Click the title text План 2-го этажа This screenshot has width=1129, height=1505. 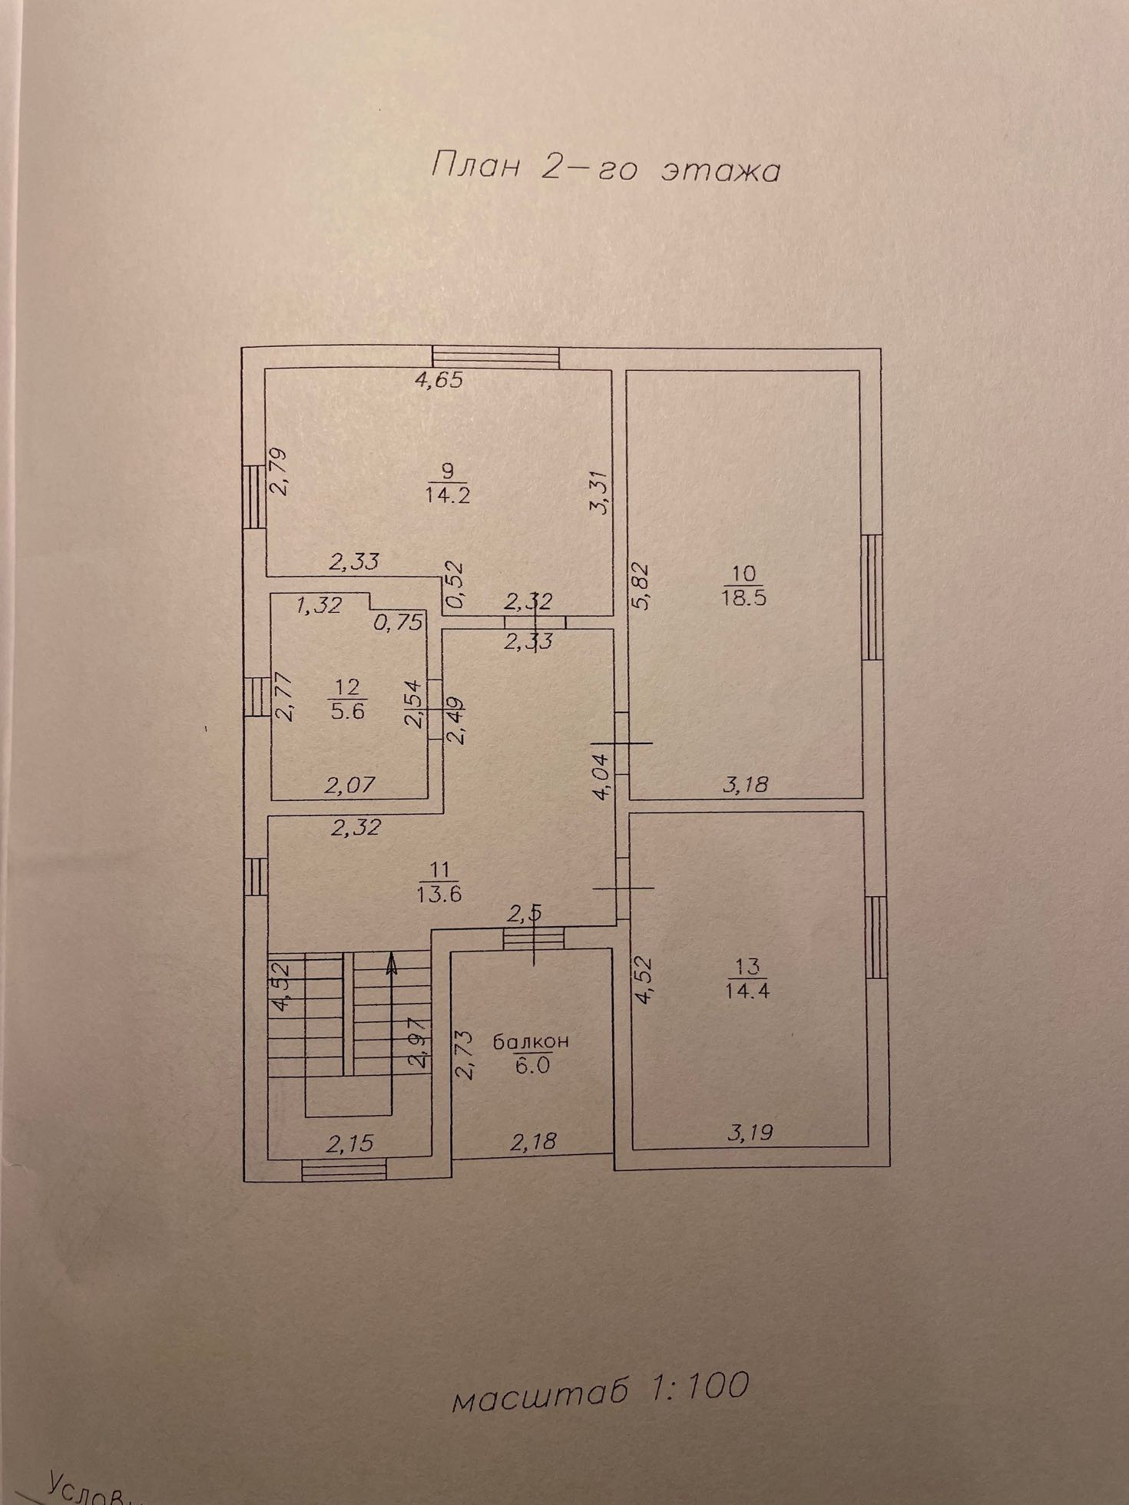tap(605, 167)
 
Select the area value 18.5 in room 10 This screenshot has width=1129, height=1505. tap(744, 599)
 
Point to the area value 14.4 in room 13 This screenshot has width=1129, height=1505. tap(747, 990)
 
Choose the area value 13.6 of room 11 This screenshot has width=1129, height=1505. tap(439, 894)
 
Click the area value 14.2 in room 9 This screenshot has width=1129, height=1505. tap(448, 494)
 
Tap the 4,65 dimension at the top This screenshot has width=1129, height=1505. tap(439, 379)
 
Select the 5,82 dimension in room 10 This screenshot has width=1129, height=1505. tap(641, 587)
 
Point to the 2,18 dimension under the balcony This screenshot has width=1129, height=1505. tap(533, 1142)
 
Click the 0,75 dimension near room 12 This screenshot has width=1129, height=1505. tap(399, 621)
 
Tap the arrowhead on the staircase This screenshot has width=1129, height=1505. tap(392, 964)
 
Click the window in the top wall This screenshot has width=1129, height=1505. tap(495, 357)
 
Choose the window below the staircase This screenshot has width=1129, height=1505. tap(343, 1170)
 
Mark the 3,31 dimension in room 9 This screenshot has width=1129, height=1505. tap(601, 491)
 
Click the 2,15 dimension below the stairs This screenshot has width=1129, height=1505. tap(349, 1143)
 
